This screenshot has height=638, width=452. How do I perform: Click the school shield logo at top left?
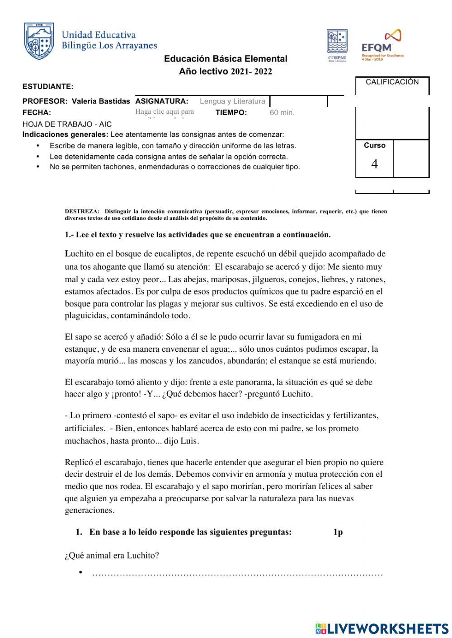pyautogui.click(x=39, y=41)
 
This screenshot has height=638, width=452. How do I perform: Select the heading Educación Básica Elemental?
pyautogui.click(x=226, y=59)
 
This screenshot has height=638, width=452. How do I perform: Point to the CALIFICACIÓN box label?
pyautogui.click(x=392, y=82)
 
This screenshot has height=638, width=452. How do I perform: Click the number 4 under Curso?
pyautogui.click(x=374, y=164)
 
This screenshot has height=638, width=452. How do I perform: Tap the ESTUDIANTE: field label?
pyautogui.click(x=48, y=86)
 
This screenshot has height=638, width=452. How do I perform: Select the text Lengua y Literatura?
pyautogui.click(x=232, y=101)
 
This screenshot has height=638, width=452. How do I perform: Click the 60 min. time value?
pyautogui.click(x=282, y=113)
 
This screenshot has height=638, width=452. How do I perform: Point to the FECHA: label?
pyautogui.click(x=37, y=113)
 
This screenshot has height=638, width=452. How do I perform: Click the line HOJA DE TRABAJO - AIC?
pyautogui.click(x=67, y=124)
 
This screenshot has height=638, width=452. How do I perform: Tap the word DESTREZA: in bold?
pyautogui.click(x=82, y=211)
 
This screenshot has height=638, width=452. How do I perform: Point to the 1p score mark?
pyautogui.click(x=338, y=532)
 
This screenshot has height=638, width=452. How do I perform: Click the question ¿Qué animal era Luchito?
pyautogui.click(x=112, y=555)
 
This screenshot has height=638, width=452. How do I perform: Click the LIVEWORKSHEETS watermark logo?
pyautogui.click(x=382, y=628)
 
